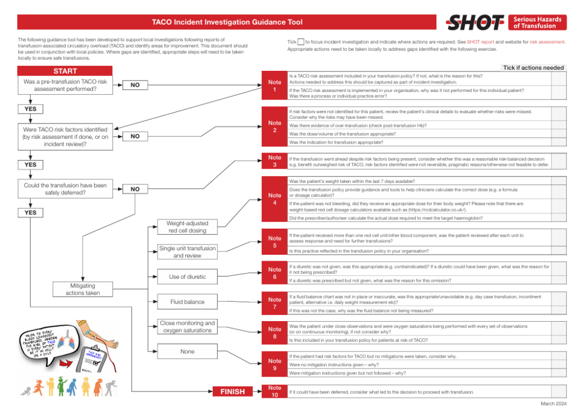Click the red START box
click(x=65, y=71)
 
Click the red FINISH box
click(x=232, y=391)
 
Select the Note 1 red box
click(x=274, y=86)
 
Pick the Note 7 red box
click(x=274, y=303)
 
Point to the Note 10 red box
click(x=274, y=392)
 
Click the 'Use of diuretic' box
click(x=187, y=277)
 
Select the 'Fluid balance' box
click(x=187, y=302)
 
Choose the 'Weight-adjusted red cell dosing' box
click(x=187, y=227)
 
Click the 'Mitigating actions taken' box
click(x=84, y=289)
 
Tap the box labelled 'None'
click(x=187, y=351)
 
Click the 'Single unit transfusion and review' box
click(x=187, y=252)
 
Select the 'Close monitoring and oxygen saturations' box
click(x=187, y=327)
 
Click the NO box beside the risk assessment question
click(x=135, y=85)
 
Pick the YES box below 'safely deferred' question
click(x=30, y=213)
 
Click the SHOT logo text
click(x=469, y=23)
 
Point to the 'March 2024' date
click(x=553, y=404)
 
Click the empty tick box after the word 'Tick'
click(x=301, y=42)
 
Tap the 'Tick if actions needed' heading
click(x=533, y=67)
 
